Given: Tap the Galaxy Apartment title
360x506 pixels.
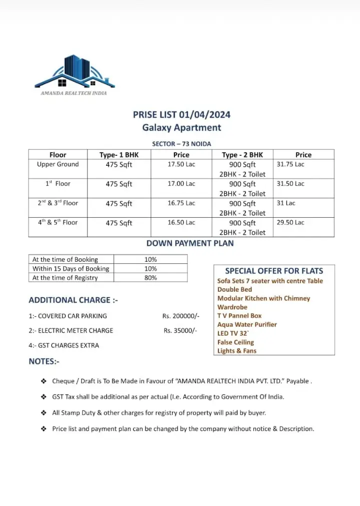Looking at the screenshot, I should (x=181, y=127).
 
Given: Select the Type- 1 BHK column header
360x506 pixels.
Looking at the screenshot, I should (x=119, y=155).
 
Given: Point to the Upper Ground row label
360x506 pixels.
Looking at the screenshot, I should (x=58, y=164).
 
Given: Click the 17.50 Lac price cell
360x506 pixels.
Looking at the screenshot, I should (x=181, y=164).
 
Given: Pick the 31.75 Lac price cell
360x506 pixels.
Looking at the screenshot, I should (x=290, y=164).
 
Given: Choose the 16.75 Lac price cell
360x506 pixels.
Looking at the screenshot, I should (x=181, y=203).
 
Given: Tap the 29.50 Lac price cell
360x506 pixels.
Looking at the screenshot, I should (x=290, y=223).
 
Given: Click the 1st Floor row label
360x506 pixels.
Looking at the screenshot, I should (x=58, y=184).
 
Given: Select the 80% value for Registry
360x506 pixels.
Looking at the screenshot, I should (x=150, y=278).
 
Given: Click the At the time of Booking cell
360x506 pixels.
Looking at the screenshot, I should (x=65, y=260).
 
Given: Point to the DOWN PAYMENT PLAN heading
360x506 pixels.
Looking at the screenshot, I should (x=190, y=243).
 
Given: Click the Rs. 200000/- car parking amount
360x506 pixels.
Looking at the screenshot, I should (x=181, y=316).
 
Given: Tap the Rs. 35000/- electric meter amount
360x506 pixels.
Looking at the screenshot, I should (x=180, y=331).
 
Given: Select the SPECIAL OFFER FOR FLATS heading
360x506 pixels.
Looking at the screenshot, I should (x=274, y=271).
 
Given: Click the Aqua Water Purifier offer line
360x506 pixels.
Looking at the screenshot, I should (x=247, y=325).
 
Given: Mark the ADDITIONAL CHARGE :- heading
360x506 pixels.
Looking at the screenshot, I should (x=73, y=300).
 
